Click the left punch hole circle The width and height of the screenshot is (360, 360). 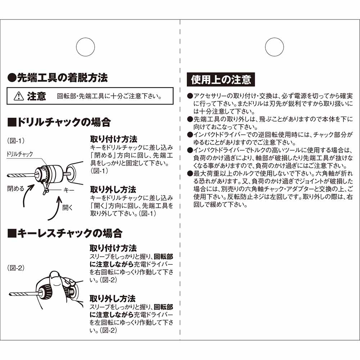pos(85,47)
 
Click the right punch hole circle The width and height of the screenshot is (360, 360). pos(274,47)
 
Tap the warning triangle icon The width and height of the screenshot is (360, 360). pos(18,96)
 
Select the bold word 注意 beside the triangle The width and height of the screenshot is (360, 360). pos(36,96)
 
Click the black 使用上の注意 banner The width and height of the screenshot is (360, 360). pos(221,79)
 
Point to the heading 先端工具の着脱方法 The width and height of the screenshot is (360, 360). pos(58,77)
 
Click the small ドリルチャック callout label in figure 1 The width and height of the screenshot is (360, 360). pos(20,154)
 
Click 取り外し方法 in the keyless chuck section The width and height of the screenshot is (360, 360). pos(112,298)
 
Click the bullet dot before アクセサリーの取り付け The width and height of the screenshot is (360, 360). pos(190,96)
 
